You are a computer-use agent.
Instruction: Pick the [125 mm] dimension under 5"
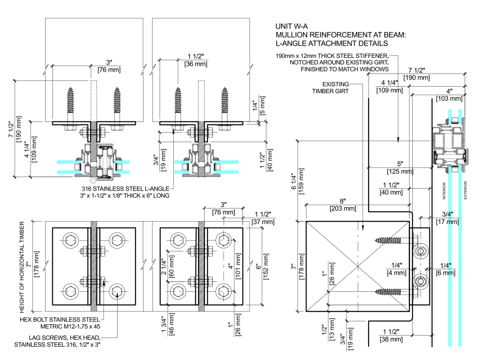[x=400, y=171]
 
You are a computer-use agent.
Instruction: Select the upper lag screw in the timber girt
[x=392, y=240]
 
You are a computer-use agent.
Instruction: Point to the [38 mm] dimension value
[x=390, y=339]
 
